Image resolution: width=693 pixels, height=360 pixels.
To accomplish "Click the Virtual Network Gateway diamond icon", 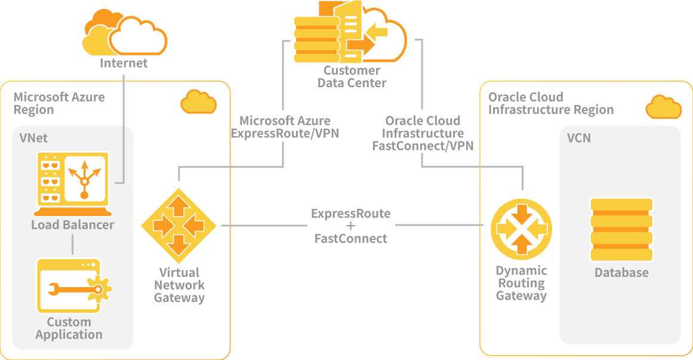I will point(178,226).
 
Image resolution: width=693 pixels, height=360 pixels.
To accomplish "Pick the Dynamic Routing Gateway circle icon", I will point(521,229).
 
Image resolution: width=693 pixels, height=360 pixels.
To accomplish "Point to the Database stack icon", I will point(621,230).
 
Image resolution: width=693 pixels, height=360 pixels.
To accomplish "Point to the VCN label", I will point(579,138).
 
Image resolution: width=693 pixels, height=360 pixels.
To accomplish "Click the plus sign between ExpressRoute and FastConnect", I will point(350,226).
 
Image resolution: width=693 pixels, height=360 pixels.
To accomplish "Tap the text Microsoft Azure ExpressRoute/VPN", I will point(285,127).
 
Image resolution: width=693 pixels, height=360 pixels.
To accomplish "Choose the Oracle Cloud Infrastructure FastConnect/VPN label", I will point(423,133).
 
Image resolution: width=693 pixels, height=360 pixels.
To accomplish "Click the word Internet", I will point(124,63).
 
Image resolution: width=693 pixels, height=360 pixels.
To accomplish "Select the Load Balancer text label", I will point(72,225).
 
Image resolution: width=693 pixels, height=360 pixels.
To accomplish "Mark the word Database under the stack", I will point(621,273).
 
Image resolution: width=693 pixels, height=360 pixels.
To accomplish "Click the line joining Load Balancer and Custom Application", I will point(72,244).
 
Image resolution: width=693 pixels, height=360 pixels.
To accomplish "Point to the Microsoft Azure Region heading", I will point(58,103).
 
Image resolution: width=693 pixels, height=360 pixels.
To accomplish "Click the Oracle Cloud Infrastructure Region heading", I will point(550,103).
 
